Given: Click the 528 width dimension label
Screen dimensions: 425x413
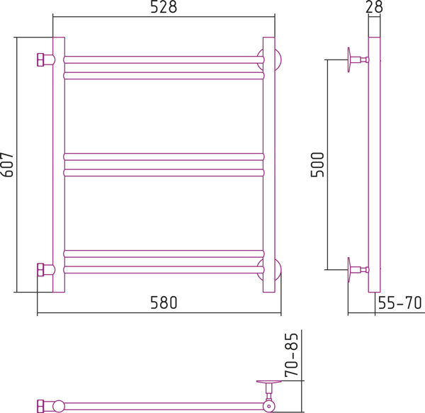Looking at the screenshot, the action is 164,7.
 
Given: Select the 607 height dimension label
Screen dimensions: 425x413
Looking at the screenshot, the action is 7,165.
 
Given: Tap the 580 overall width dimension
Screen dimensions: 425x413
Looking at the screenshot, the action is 164,302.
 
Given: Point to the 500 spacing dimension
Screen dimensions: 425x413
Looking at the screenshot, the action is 317,165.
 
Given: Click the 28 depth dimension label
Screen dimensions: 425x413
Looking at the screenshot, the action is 374,7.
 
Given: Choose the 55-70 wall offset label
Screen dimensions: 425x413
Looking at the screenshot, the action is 399,302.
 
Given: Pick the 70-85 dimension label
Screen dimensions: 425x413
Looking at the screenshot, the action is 292,355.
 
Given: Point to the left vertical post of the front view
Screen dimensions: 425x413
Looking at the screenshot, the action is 59,165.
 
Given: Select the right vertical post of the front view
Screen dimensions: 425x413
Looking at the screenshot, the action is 269,165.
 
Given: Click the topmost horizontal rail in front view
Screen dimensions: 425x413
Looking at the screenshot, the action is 164,60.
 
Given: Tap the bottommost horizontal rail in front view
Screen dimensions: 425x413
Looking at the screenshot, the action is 164,270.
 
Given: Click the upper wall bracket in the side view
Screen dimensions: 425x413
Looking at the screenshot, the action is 358,60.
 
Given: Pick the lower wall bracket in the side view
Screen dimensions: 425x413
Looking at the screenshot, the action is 358,270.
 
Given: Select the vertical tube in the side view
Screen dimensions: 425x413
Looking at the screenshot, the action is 374,165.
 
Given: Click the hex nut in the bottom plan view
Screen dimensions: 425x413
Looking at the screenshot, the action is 40,406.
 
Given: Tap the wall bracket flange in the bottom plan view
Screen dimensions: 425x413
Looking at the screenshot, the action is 269,382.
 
